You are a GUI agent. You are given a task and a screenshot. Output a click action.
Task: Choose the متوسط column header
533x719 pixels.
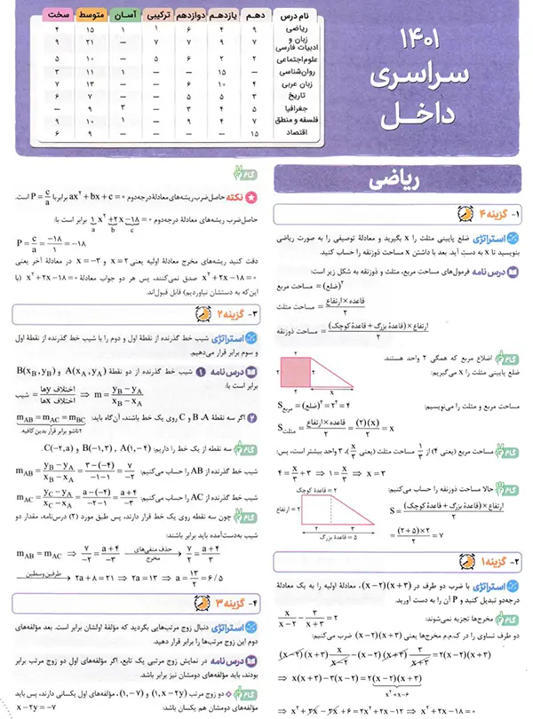(95, 17)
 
